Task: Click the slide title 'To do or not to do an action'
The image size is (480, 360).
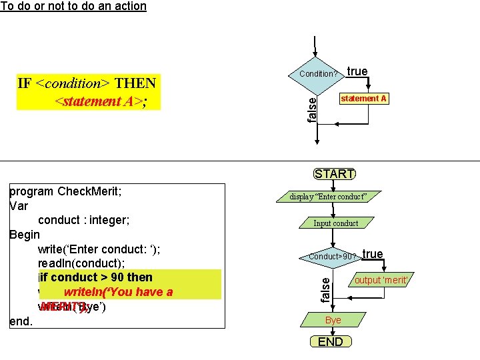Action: tap(73, 6)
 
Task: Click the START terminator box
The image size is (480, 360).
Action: tap(334, 174)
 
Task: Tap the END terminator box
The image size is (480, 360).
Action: tap(331, 342)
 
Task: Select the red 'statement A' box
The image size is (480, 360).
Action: tap(363, 99)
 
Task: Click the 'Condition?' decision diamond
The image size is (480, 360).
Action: tap(318, 73)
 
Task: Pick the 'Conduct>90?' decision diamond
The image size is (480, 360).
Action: tap(330, 257)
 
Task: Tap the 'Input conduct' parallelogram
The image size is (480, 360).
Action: tap(335, 223)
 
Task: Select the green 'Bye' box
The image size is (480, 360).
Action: tap(333, 321)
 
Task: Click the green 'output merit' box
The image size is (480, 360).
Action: tap(380, 280)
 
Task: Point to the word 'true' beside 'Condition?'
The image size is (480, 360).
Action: tap(357, 71)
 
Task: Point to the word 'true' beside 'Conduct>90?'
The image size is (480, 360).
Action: tap(373, 254)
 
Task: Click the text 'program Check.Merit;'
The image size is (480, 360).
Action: tap(69, 191)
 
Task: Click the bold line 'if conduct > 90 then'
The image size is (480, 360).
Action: tap(101, 277)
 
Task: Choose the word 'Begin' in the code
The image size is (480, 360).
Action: tap(25, 235)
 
